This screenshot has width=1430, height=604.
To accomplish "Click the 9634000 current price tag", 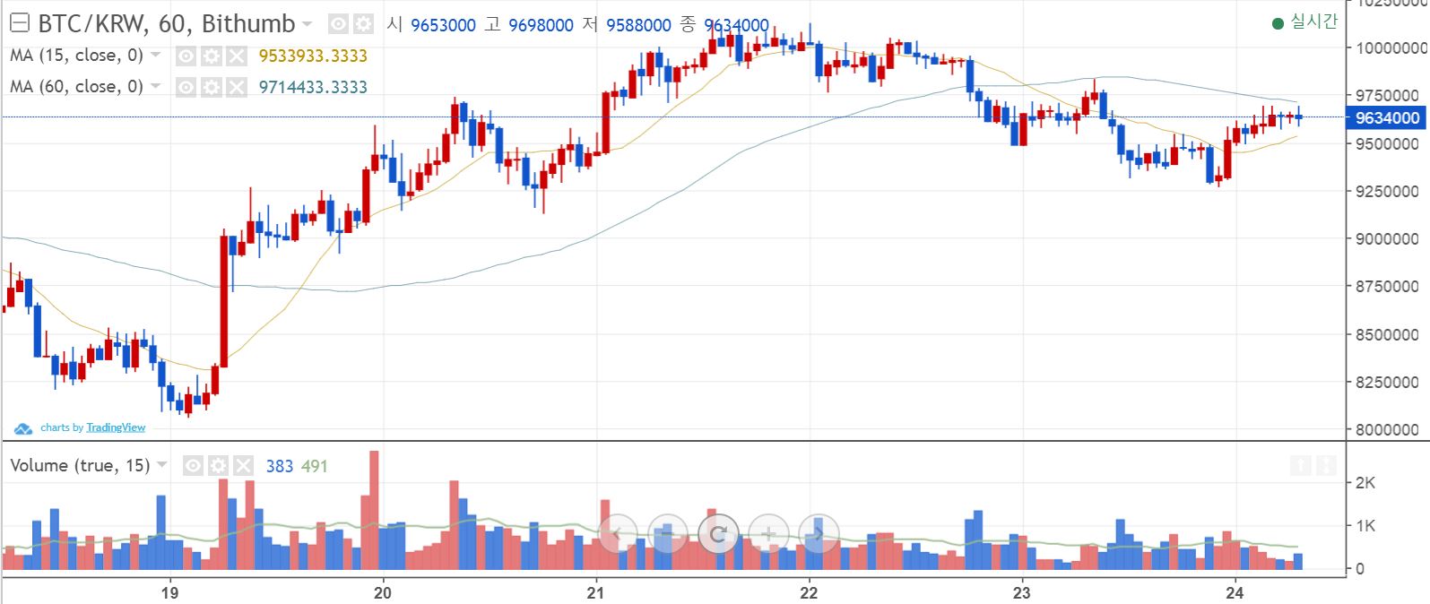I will tap(1386, 117).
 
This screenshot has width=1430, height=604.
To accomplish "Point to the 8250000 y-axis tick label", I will tap(1386, 382).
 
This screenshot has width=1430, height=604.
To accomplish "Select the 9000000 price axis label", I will tap(1386, 238).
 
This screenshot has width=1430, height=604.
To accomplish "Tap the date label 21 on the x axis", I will tap(595, 592).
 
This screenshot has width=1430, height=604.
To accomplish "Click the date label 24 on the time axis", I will tap(1235, 592).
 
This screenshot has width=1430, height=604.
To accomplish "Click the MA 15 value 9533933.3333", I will tap(313, 56).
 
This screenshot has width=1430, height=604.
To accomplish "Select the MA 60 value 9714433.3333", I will tap(313, 87).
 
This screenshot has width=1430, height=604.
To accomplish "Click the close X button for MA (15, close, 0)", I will tap(236, 56).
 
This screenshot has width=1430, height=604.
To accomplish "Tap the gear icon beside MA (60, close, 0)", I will tap(211, 87).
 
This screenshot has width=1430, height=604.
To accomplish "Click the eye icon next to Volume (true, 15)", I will tap(193, 466).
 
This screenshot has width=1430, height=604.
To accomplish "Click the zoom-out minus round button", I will tap(666, 534).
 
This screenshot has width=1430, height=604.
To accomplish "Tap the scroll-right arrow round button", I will tap(818, 534).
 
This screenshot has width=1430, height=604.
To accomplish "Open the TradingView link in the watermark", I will tap(116, 427).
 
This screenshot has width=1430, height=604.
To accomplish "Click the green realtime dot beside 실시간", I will tap(1278, 23).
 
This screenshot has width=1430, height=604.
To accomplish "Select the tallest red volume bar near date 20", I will tap(374, 511).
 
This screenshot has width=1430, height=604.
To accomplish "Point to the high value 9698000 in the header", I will tap(541, 25).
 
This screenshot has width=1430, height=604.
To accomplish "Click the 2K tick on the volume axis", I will tap(1365, 483).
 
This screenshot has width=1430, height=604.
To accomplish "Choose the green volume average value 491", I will tap(314, 466).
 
